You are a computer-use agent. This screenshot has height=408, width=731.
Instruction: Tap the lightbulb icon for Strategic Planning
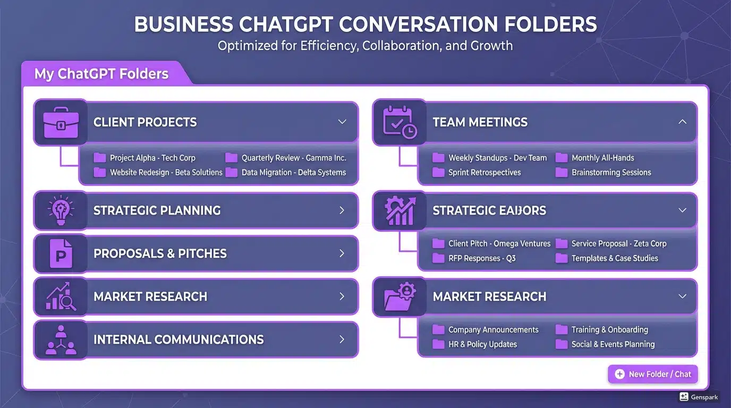pyautogui.click(x=61, y=210)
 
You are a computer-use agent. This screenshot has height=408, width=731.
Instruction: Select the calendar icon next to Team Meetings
pyautogui.click(x=399, y=123)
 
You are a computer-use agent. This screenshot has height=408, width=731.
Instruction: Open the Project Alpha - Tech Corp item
pyautogui.click(x=152, y=158)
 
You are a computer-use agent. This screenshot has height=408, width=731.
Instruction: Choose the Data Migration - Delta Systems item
pyautogui.click(x=293, y=173)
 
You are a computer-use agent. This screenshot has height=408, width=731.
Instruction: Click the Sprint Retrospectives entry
pyautogui.click(x=484, y=173)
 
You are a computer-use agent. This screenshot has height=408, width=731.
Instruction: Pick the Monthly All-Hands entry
pyautogui.click(x=602, y=158)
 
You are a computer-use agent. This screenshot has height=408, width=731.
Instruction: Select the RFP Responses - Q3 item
pyautogui.click(x=481, y=258)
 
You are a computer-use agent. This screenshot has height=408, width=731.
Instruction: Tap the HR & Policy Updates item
pyautogui.click(x=482, y=344)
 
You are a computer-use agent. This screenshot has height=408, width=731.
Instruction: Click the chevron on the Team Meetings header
pyautogui.click(x=683, y=122)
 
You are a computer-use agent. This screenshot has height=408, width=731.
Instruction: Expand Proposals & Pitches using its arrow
pyautogui.click(x=342, y=253)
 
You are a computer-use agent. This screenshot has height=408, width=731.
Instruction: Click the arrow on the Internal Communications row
pyautogui.click(x=342, y=339)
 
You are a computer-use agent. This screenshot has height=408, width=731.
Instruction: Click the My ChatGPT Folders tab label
pyautogui.click(x=101, y=74)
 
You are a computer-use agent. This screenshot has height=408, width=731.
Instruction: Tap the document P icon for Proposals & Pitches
pyautogui.click(x=61, y=254)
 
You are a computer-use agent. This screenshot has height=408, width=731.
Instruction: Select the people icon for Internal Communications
pyautogui.click(x=61, y=340)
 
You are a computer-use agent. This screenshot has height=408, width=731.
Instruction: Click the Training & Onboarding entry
pyautogui.click(x=609, y=329)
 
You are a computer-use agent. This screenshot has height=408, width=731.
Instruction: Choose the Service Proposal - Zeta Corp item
pyautogui.click(x=618, y=243)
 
